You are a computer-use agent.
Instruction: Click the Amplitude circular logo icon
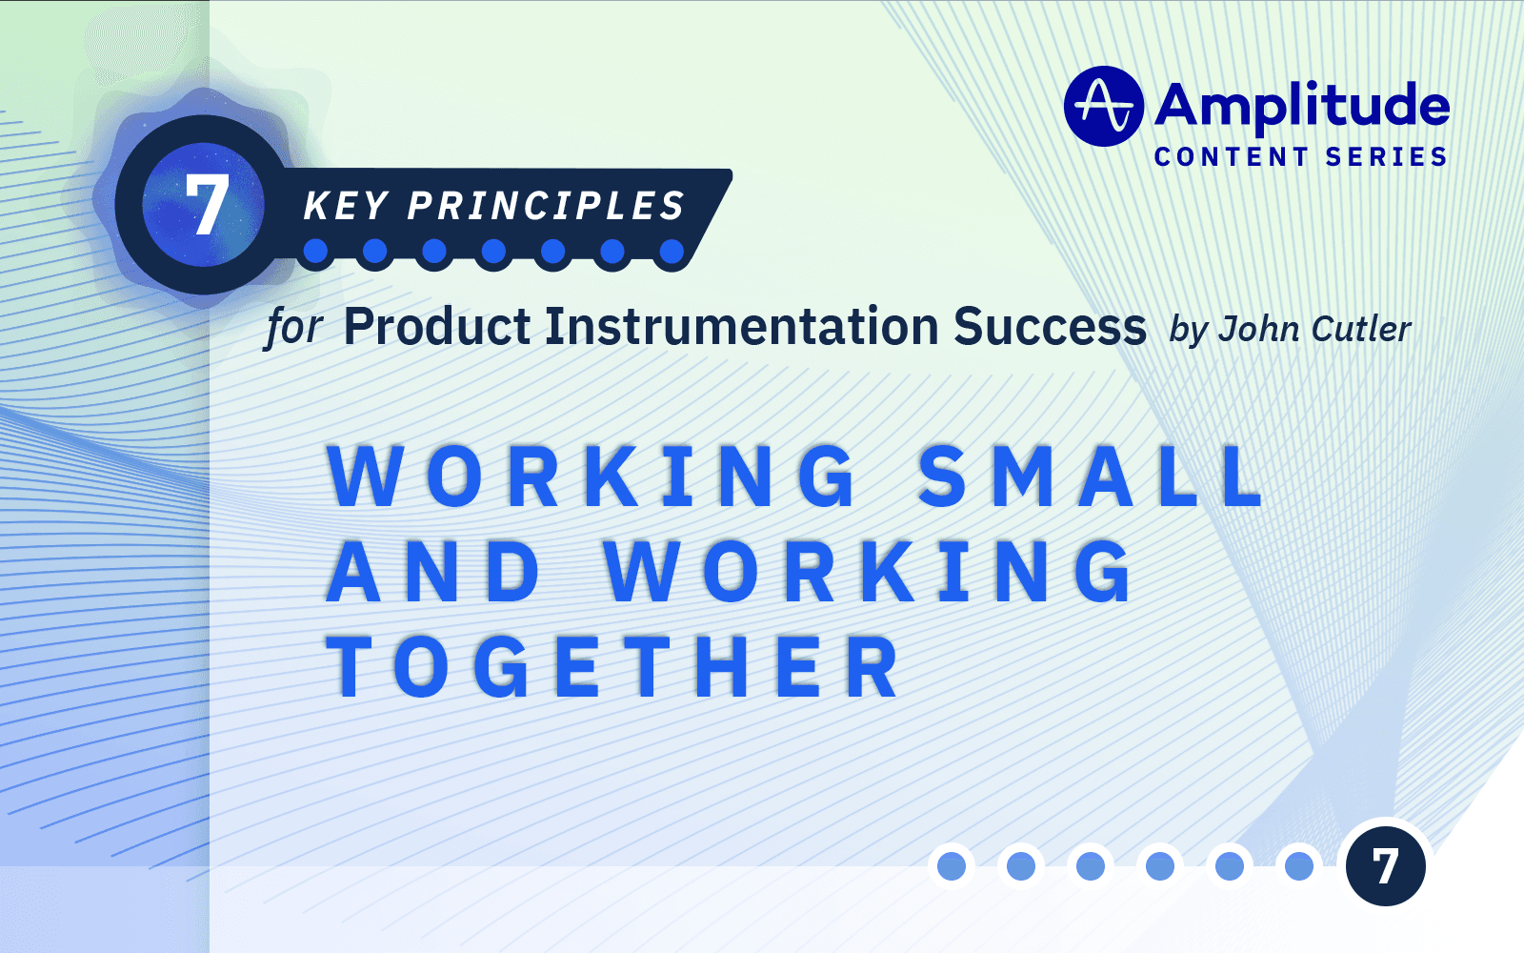tap(1103, 106)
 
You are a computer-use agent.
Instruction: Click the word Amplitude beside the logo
tap(1301, 105)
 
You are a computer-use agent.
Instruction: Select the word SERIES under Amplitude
tap(1386, 157)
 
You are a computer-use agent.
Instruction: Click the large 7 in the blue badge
tap(206, 206)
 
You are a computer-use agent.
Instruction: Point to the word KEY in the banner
tap(346, 207)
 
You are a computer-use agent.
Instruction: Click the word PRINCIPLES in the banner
tap(546, 207)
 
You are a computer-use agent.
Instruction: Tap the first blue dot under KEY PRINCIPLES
tap(315, 252)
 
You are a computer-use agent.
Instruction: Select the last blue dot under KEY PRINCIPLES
tap(672, 252)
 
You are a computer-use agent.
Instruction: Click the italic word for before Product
tap(293, 328)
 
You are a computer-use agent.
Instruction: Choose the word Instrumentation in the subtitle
tap(741, 327)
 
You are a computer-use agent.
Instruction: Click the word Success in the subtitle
tap(1050, 327)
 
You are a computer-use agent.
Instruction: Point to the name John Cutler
tap(1314, 330)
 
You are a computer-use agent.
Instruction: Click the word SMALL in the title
tap(1090, 476)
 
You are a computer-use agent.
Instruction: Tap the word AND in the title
tap(433, 572)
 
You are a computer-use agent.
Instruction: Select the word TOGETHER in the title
tap(614, 667)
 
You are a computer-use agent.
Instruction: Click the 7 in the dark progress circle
tap(1385, 866)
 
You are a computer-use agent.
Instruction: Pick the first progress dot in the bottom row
tap(952, 866)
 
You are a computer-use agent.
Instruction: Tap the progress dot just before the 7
tap(1299, 866)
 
